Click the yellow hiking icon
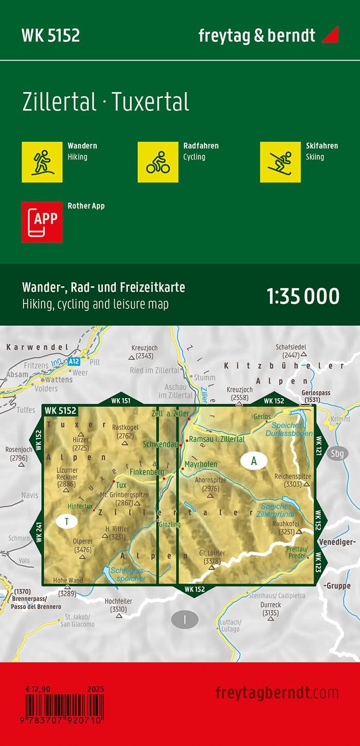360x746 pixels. click(42, 162)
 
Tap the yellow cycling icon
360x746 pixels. click(158, 162)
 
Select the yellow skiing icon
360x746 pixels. click(280, 162)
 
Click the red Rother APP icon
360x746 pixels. click(42, 222)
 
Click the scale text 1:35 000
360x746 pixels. click(303, 296)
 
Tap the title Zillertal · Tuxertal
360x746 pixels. click(105, 102)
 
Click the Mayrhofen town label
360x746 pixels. click(201, 464)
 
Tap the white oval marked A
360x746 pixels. click(254, 461)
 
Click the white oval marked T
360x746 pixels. click(67, 522)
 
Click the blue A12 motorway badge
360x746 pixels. click(74, 362)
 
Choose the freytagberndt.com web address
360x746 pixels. click(277, 692)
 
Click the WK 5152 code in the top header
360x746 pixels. click(50, 35)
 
